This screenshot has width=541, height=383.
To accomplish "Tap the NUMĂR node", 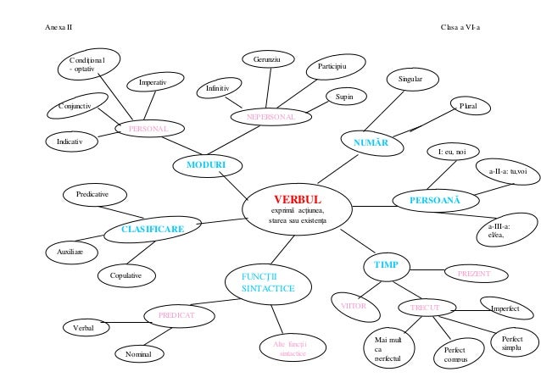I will point(371,142).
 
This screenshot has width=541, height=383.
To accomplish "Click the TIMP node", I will point(386,266).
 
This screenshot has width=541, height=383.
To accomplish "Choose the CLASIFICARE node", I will point(153,229).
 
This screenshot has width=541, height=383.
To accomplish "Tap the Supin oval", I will point(344,98).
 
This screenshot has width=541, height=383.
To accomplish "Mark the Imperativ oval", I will point(152,83).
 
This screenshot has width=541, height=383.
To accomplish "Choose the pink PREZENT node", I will point(480,274).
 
